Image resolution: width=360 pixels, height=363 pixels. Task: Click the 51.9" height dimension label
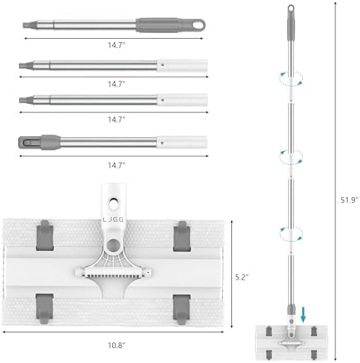click(x=349, y=200)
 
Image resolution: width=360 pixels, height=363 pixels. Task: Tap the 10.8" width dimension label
click(x=116, y=345)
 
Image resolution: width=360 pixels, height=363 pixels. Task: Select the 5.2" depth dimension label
click(x=242, y=277)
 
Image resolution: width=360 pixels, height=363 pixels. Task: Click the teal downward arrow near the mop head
click(x=303, y=314)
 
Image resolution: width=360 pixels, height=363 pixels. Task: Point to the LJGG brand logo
click(x=113, y=219)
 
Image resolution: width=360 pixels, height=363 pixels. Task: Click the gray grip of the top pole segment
click(x=159, y=26)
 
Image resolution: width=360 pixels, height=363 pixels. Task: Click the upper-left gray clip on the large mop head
click(x=45, y=235)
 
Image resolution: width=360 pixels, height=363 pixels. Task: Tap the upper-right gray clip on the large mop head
click(x=182, y=236)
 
